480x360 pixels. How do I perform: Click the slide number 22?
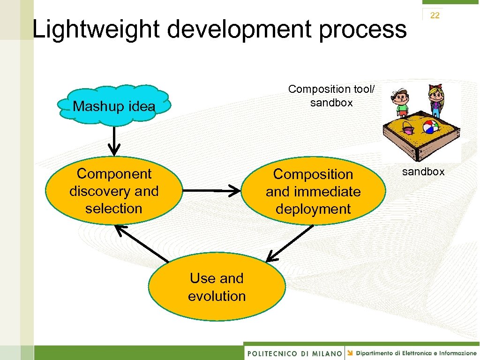[435, 15]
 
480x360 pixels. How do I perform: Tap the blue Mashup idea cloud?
[114, 106]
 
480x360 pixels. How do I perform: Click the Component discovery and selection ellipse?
[114, 191]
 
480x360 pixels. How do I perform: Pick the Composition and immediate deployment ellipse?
[313, 192]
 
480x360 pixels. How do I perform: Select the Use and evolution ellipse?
[217, 287]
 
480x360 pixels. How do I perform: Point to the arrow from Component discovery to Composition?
[211, 191]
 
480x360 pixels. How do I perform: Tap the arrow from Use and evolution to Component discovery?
[142, 243]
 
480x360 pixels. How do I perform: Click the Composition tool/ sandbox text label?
[331, 96]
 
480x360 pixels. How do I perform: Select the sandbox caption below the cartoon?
[423, 172]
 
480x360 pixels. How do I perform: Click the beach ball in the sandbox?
[430, 127]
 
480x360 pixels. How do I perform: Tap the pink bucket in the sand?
[408, 130]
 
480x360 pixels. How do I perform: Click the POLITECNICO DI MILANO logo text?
[294, 353]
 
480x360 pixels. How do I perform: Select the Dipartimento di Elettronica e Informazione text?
[415, 353]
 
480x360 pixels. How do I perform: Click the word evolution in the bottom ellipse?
[217, 296]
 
